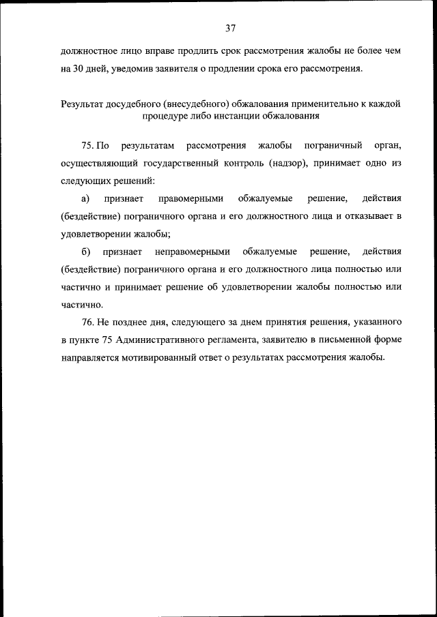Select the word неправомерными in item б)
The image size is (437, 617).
(x=193, y=252)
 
